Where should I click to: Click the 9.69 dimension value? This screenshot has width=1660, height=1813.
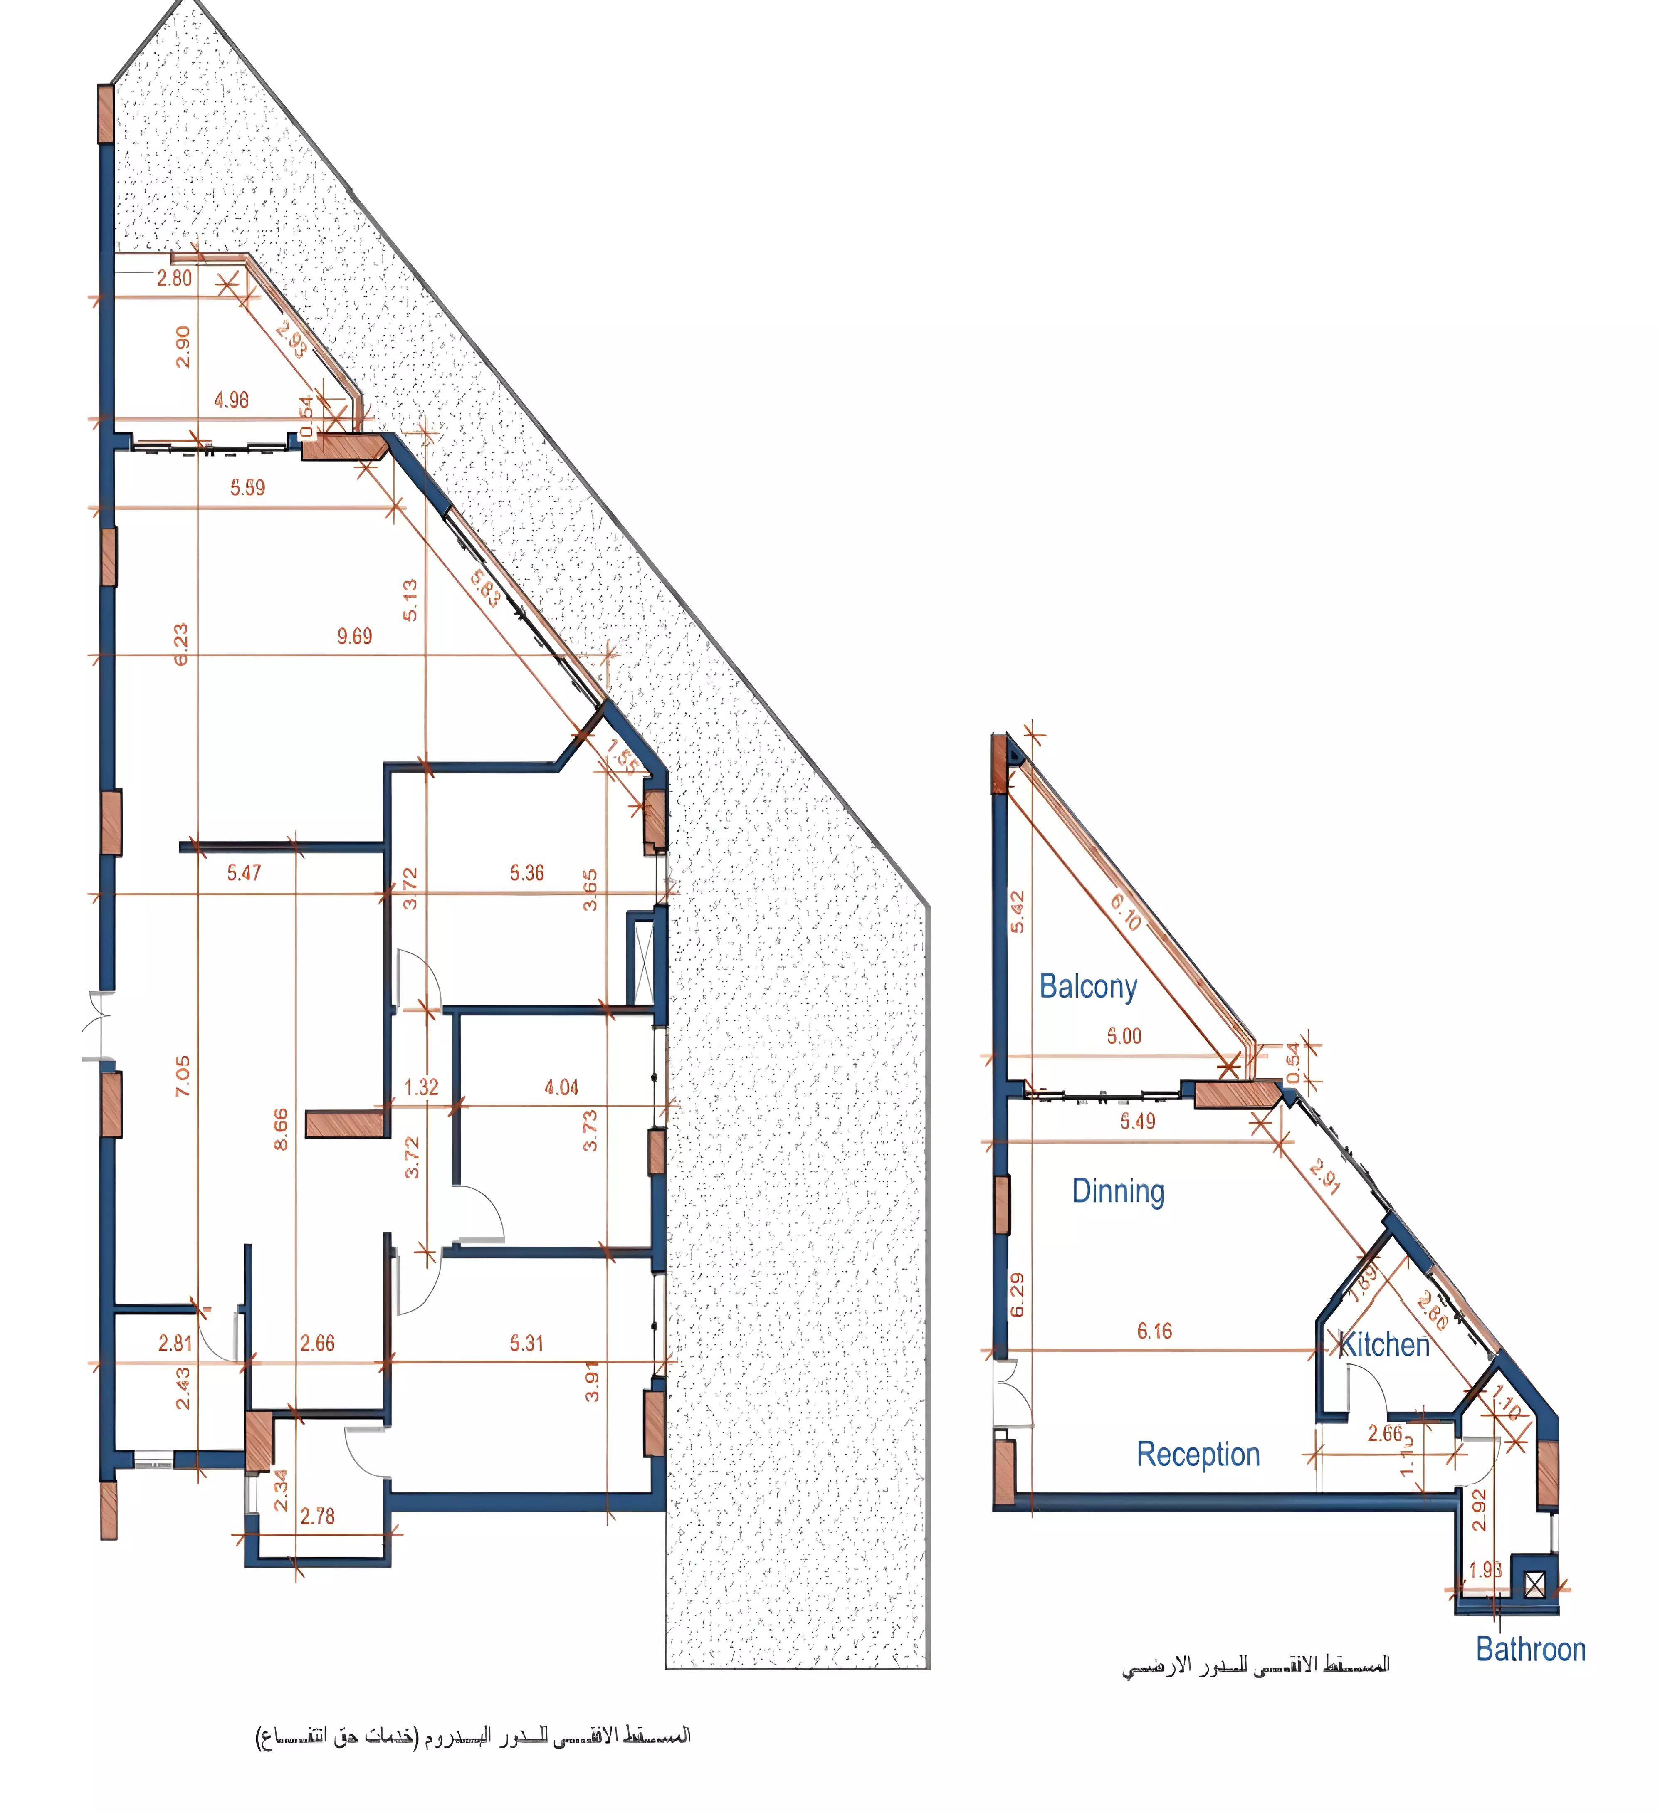coord(354,637)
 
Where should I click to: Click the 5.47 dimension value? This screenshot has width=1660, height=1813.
coord(244,872)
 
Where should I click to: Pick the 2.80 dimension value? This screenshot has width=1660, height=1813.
coord(175,278)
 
